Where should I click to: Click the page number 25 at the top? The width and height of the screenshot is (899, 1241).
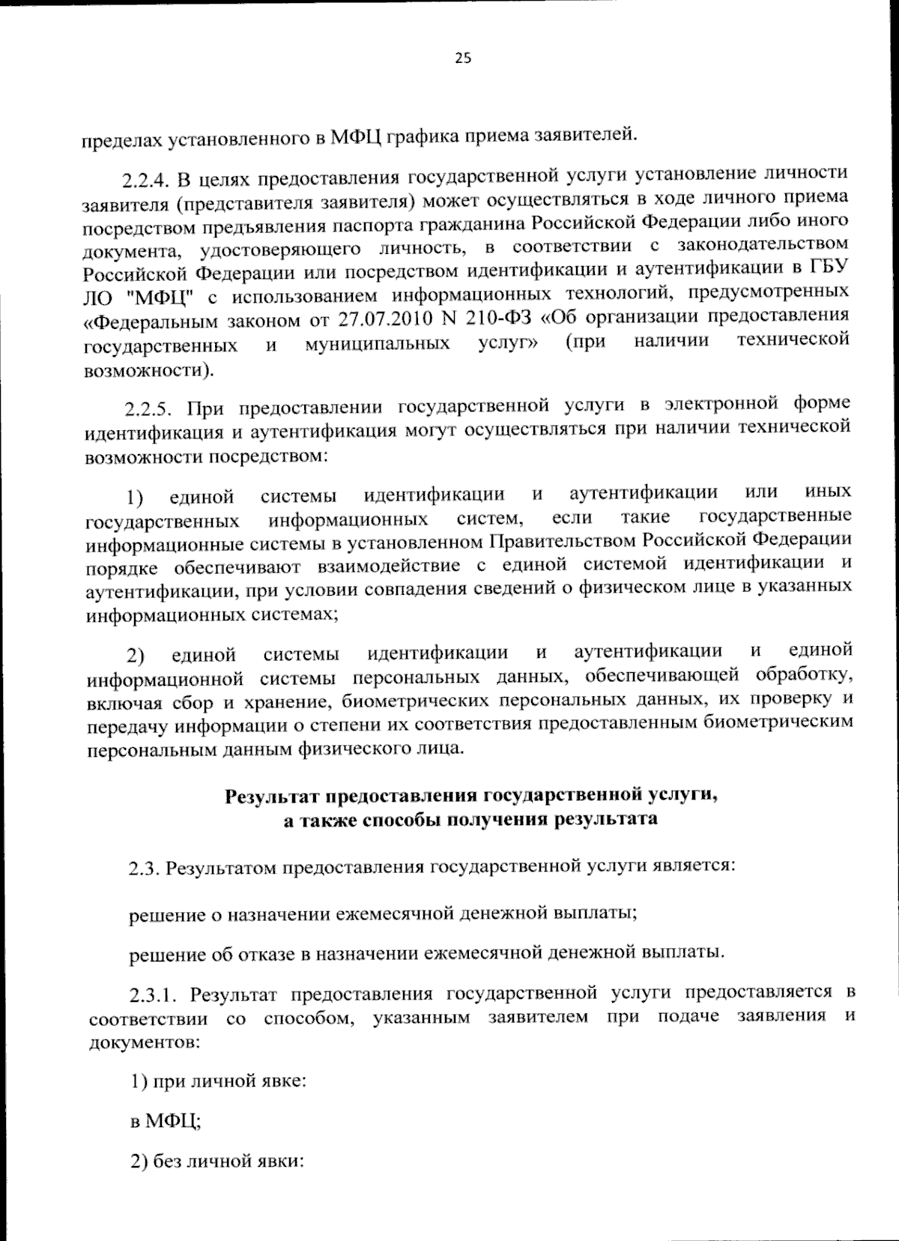(x=463, y=59)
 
